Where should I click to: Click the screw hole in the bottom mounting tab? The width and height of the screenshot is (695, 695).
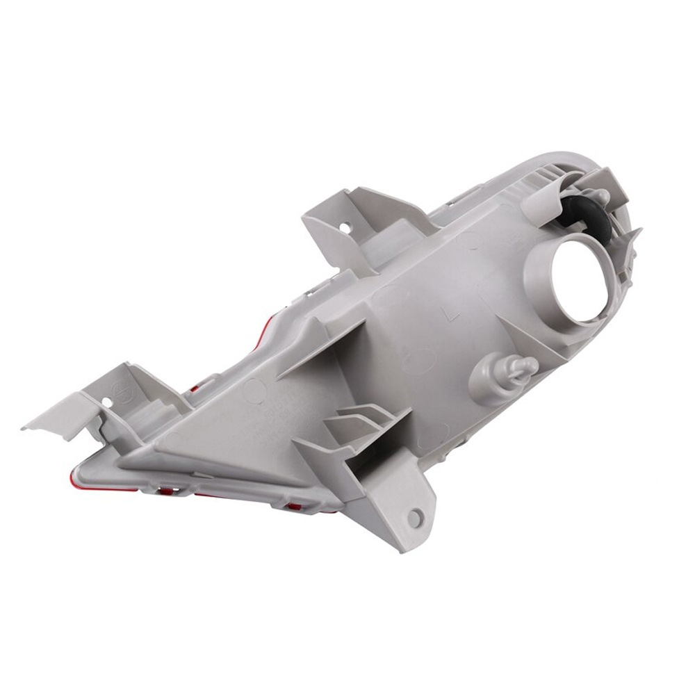[415, 518]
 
